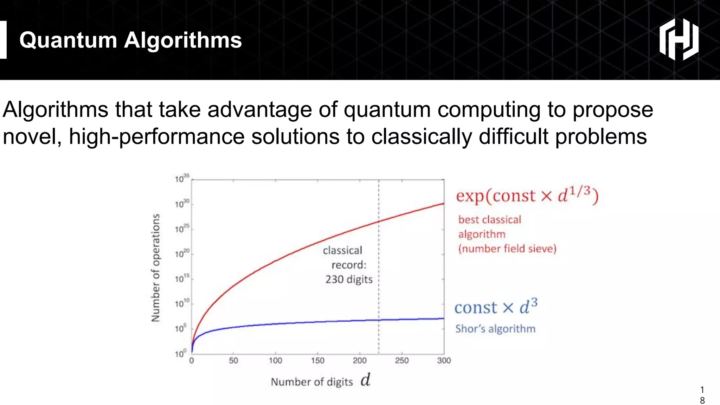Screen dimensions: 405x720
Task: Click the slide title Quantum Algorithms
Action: [130, 40]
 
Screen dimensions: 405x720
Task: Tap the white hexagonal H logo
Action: [679, 39]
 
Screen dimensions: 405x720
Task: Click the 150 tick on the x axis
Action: [317, 360]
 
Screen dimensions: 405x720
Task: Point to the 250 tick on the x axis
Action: [401, 360]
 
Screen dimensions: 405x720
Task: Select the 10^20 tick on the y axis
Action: [182, 253]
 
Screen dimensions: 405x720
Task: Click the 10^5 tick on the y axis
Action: [181, 328]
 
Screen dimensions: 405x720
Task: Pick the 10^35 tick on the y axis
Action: [182, 178]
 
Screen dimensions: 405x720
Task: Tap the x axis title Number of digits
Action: [312, 382]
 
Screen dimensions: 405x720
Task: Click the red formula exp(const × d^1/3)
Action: [527, 195]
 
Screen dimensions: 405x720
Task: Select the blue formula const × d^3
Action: [496, 307]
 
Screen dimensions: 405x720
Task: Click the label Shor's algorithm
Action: [495, 329]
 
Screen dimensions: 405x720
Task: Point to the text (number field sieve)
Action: [507, 249]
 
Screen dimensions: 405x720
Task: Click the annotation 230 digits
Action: [349, 279]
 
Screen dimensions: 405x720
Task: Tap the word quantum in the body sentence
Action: [387, 109]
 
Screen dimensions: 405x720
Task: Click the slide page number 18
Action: [702, 395]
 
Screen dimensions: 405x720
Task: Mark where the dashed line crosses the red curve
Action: [379, 221]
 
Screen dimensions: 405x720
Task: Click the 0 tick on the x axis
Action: [192, 360]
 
